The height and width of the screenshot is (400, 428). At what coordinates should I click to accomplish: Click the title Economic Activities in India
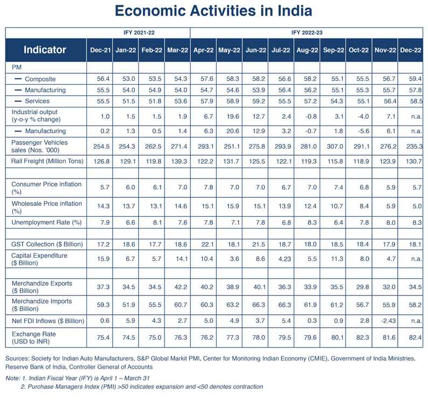(213, 11)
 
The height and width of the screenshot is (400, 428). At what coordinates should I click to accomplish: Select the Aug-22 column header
(307, 50)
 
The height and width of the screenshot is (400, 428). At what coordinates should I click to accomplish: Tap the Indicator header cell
(45, 50)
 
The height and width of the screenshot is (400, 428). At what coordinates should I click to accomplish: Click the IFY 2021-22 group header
(139, 32)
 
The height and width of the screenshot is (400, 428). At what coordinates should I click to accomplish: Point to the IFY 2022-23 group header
(307, 32)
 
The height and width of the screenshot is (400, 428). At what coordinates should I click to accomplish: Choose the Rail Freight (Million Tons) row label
(47, 161)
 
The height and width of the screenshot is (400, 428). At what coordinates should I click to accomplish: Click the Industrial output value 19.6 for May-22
(232, 116)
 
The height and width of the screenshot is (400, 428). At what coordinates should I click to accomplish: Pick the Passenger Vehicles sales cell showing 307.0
(335, 146)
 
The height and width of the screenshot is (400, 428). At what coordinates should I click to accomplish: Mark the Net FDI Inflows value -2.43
(388, 321)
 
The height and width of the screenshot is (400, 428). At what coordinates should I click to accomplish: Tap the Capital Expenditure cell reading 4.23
(285, 259)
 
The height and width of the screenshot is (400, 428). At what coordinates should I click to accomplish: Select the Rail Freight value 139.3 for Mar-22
(179, 161)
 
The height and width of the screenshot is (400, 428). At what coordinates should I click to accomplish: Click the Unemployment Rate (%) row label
(46, 222)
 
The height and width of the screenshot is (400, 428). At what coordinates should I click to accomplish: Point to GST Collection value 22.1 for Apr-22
(208, 244)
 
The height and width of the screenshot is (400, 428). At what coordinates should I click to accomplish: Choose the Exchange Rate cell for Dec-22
(415, 337)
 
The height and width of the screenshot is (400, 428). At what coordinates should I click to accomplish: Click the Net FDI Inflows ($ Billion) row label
(48, 321)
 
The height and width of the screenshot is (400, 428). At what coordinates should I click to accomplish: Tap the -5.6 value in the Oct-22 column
(363, 131)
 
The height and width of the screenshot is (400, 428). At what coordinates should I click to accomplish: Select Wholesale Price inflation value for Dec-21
(103, 206)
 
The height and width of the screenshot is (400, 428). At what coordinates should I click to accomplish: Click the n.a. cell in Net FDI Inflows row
(417, 321)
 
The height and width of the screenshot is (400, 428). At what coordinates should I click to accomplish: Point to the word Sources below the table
(17, 358)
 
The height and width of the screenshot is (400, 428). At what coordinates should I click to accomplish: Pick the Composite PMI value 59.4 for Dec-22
(415, 79)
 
